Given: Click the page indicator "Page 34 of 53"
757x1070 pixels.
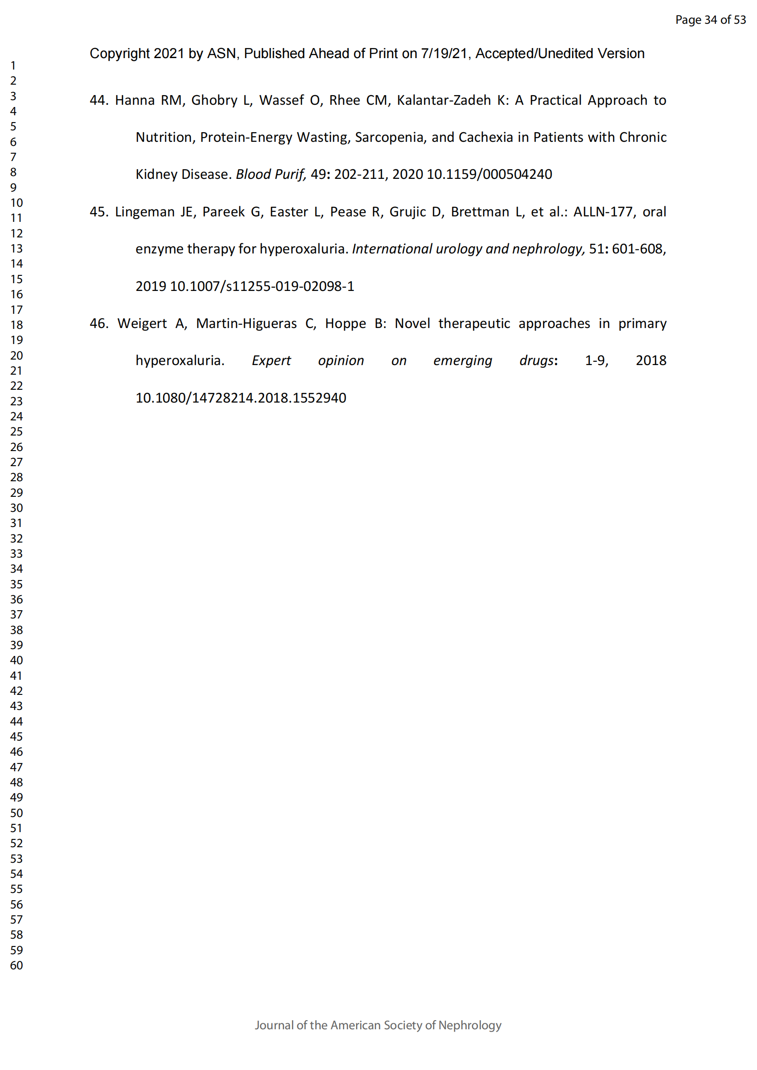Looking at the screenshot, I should (x=710, y=20).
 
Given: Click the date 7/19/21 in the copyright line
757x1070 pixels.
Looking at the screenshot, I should (x=444, y=54).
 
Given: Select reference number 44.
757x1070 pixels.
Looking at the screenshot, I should (x=98, y=100).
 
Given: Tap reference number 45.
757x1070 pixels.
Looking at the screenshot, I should (x=98, y=212).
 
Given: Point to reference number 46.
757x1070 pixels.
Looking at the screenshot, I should (x=98, y=323).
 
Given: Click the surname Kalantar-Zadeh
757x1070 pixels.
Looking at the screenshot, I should (x=444, y=100).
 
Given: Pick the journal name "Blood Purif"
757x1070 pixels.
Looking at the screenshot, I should (x=270, y=174).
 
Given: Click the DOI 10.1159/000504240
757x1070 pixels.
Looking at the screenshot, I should (x=489, y=174).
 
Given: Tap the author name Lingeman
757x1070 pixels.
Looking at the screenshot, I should (x=145, y=212).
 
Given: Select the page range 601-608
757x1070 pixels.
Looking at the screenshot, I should (x=637, y=249).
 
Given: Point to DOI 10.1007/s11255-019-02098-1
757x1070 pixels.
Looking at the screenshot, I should (x=261, y=286).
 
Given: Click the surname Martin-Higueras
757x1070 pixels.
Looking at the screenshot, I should (x=246, y=323).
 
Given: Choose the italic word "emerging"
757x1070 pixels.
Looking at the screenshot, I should (x=462, y=360).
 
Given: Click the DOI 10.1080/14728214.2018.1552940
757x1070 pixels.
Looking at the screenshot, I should (x=241, y=398).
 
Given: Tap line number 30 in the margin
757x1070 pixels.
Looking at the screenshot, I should (x=16, y=508).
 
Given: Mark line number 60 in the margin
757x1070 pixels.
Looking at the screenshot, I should (x=16, y=965).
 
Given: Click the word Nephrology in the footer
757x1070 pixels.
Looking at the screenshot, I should (x=470, y=1025).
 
